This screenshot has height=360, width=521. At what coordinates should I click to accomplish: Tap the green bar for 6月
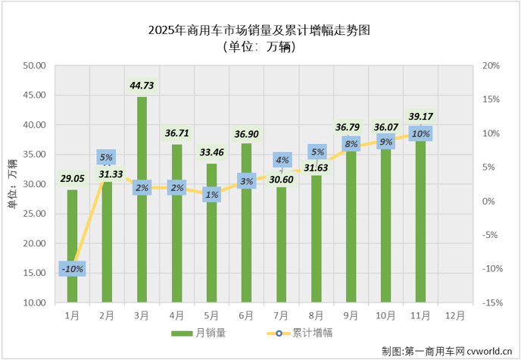(x=246, y=243)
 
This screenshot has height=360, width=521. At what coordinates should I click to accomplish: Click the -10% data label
(x=72, y=268)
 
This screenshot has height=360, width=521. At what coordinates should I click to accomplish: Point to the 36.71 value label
(x=176, y=133)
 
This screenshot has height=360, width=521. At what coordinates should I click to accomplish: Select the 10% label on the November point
(x=421, y=134)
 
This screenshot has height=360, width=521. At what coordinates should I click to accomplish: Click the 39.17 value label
(x=421, y=117)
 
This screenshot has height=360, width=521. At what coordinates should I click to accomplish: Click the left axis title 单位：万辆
(x=13, y=184)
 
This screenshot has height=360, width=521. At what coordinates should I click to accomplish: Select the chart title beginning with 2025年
(x=260, y=30)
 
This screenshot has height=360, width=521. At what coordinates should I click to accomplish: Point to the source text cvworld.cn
(x=485, y=351)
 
